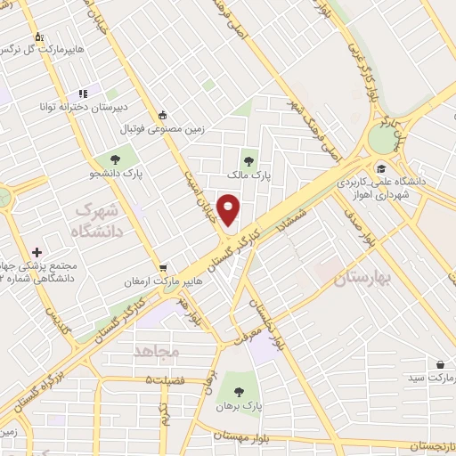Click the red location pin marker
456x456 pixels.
coord(230,210)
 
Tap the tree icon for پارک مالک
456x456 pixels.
coord(248,161)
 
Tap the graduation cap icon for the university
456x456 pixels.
coord(380,167)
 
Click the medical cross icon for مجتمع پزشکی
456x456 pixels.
coord(37,253)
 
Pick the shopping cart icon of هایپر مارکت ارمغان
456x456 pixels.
coord(163,267)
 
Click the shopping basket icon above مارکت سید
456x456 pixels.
coord(440,363)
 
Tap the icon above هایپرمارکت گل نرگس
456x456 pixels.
coord(38,37)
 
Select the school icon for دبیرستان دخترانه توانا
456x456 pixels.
coord(83,93)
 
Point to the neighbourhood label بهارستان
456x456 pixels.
coord(362,279)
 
